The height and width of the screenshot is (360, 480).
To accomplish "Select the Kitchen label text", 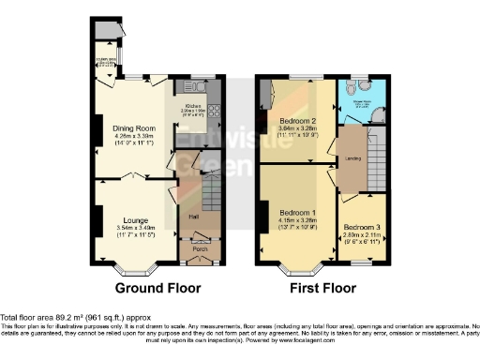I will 193,106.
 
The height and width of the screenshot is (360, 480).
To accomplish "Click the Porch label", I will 199,249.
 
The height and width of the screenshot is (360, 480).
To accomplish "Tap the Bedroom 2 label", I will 297,120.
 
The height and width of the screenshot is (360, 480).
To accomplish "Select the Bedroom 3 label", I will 362,228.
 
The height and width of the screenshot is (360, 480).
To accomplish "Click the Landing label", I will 352,157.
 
